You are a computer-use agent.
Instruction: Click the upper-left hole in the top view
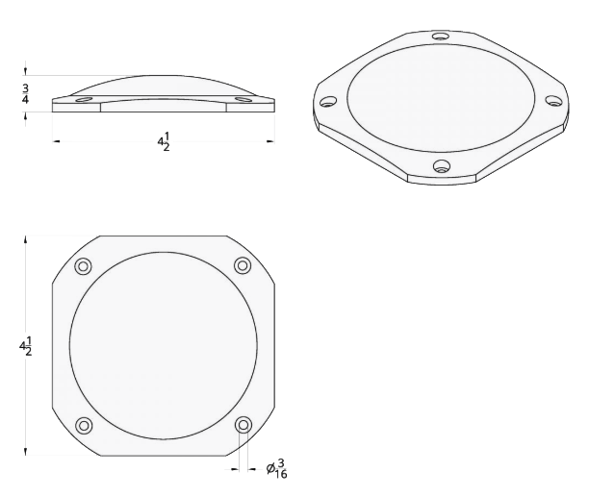tap(84, 266)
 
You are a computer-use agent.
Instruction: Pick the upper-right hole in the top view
tap(243, 265)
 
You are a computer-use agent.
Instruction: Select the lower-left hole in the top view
tap(84, 425)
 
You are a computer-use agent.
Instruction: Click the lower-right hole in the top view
tap(243, 424)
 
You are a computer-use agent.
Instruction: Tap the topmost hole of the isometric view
tap(440, 37)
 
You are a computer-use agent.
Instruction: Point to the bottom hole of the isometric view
tap(441, 166)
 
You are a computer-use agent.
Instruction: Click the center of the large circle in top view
tap(164, 345)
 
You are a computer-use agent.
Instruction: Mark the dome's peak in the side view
tap(164, 76)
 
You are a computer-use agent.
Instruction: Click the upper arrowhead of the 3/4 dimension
tap(26, 71)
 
